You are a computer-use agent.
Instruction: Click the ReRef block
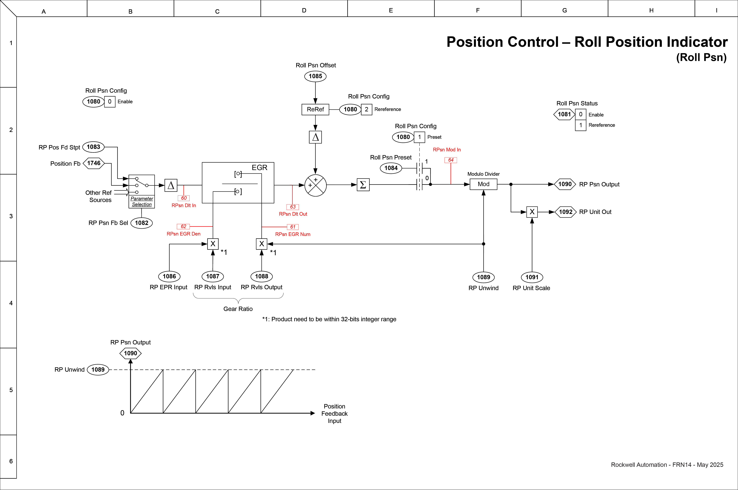[315, 109]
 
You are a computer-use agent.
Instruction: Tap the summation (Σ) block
[363, 185]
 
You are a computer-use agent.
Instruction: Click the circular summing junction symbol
[315, 185]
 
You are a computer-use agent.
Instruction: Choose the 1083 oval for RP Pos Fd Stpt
[93, 147]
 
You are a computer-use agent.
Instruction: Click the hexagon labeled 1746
[94, 163]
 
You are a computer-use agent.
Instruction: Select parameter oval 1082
[141, 223]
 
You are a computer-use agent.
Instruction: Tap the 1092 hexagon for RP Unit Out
[565, 212]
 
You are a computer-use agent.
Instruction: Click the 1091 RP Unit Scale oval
[532, 277]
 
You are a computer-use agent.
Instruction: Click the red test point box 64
[450, 160]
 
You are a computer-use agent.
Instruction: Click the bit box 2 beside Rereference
[367, 109]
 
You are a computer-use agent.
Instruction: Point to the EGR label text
[259, 168]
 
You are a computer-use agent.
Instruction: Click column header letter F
[478, 10]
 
